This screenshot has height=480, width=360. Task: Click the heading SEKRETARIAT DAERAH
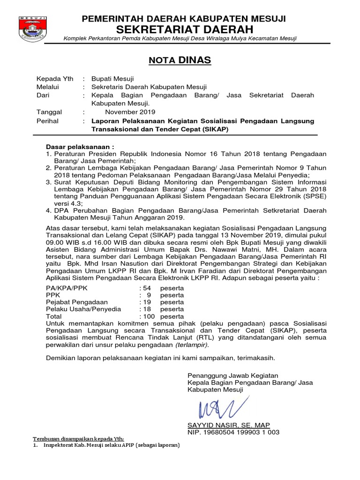184,30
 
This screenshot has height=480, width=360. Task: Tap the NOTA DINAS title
180,60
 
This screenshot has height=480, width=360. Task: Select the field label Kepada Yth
55,79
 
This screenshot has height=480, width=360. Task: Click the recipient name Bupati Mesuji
112,79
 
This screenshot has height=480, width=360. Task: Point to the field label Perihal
47,120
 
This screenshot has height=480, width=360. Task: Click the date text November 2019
130,112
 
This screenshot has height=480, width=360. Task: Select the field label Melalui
48,87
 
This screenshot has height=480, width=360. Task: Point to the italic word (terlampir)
191,345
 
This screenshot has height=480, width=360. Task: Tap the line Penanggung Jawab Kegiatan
232,375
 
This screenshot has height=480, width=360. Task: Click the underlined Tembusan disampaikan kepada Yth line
78,438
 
